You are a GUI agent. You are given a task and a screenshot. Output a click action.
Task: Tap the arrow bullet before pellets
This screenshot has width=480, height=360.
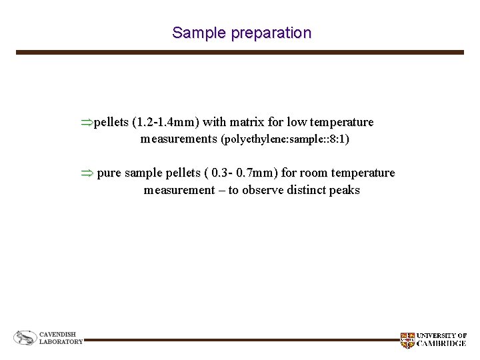click(86, 123)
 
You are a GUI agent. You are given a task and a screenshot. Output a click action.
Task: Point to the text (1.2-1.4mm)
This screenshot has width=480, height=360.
click(165, 123)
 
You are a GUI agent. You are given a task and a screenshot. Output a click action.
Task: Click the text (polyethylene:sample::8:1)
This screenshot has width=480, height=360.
click(285, 140)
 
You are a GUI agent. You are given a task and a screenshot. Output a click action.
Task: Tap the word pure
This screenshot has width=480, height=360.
click(109, 173)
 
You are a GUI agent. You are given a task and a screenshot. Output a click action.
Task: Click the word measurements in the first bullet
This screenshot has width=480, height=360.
click(179, 139)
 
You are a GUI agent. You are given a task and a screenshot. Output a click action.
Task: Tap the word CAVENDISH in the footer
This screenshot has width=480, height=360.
click(57, 334)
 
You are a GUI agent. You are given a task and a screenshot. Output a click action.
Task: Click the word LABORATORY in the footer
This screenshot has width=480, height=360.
click(61, 342)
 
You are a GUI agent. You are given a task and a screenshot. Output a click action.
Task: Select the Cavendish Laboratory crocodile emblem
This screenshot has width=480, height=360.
click(25, 338)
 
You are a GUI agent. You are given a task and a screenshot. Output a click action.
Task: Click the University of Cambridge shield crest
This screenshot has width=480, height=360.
click(407, 340)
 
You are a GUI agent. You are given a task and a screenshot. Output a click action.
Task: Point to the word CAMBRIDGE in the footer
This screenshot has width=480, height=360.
click(441, 344)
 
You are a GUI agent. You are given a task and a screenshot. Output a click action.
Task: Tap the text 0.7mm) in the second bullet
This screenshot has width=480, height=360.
click(257, 173)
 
